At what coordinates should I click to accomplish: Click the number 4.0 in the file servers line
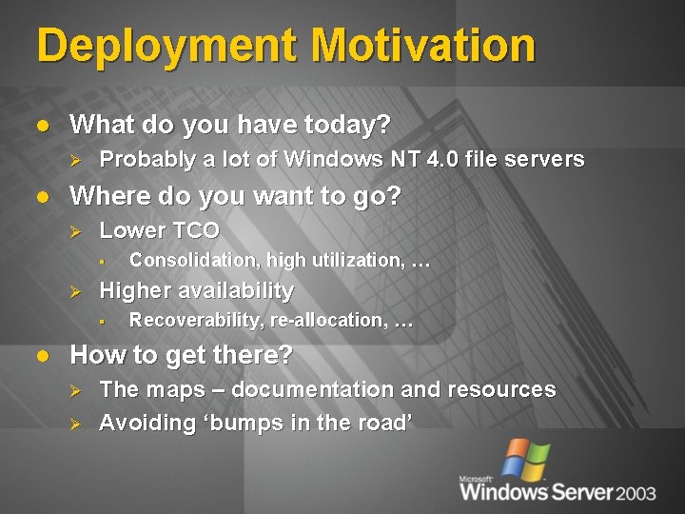coord(446,159)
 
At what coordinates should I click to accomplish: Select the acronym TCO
coord(195,230)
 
